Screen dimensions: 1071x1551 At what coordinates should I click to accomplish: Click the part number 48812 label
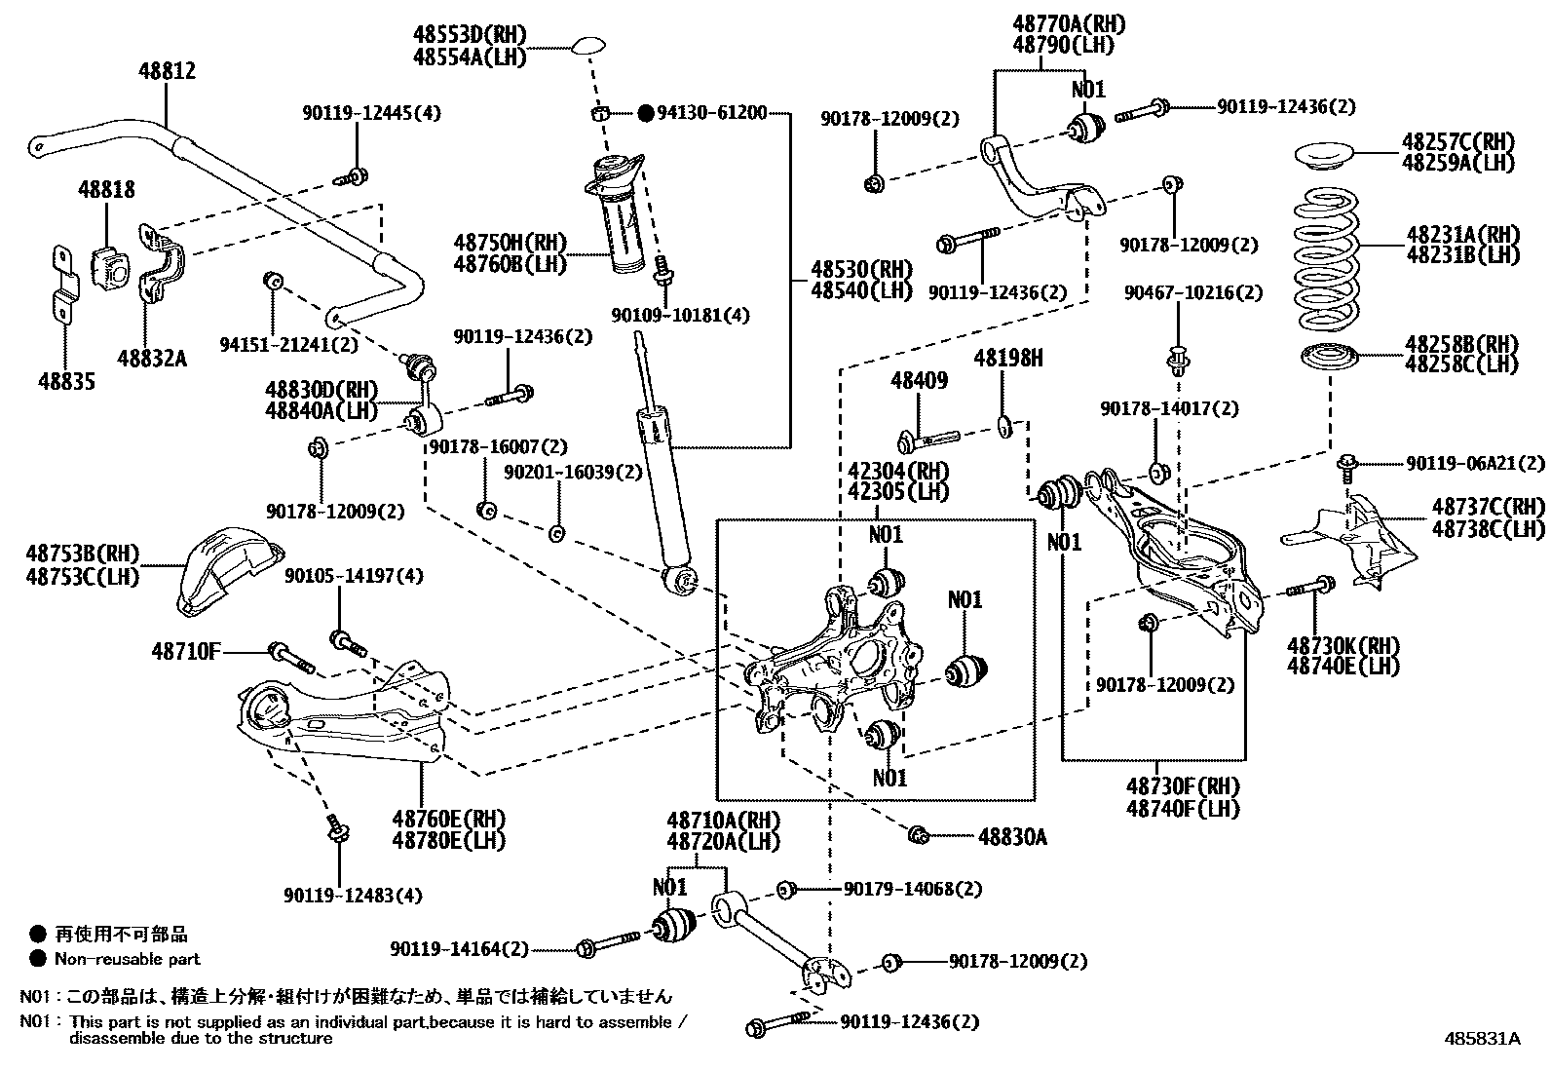coord(166,71)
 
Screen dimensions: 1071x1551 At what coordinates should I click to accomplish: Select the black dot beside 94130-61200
coord(645,113)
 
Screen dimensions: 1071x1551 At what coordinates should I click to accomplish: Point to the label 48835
coord(65,381)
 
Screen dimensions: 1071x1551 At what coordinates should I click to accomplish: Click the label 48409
coord(919,381)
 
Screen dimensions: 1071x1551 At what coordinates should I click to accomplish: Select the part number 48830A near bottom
coord(1012,836)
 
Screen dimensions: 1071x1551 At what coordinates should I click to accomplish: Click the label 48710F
coord(186,651)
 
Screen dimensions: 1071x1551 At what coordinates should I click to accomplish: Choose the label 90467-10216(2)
coord(1179,292)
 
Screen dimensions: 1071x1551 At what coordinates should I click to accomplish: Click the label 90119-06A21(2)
coord(1461,464)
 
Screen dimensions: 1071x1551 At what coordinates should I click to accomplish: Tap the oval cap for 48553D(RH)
coord(590,46)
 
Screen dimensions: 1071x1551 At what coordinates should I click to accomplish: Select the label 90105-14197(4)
coord(354,576)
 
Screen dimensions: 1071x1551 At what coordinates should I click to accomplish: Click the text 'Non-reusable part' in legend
coord(127,959)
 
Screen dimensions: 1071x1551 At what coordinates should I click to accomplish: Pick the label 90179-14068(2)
coord(912,889)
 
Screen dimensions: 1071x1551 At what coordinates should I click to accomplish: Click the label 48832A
coord(151,359)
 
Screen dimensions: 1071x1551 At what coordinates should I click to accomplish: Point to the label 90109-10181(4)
coord(681,315)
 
